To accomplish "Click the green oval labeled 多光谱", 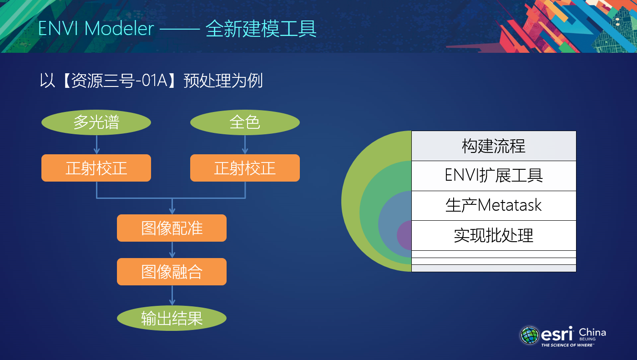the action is point(96,122).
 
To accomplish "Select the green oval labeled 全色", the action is point(245,122).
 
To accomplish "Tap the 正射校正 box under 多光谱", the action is point(96,168).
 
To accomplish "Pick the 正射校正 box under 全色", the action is point(245,168).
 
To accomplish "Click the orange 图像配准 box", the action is point(172,228).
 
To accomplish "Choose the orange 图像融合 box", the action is point(172,272).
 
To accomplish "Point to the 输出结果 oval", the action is point(172,318).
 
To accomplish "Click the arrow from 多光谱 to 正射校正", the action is point(96,145).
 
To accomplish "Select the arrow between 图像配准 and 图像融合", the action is point(172,250).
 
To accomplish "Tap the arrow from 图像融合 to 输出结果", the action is point(172,295).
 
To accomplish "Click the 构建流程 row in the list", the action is point(494,146).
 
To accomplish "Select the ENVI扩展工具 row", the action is point(494,176).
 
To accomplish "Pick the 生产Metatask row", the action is point(494,206).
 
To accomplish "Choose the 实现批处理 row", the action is point(494,235).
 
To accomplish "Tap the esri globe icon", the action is point(530,335).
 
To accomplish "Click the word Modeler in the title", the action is point(119,28).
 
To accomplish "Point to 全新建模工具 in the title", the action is point(261,29).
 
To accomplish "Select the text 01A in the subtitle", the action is point(154,80).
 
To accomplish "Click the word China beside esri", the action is point(592,332).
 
